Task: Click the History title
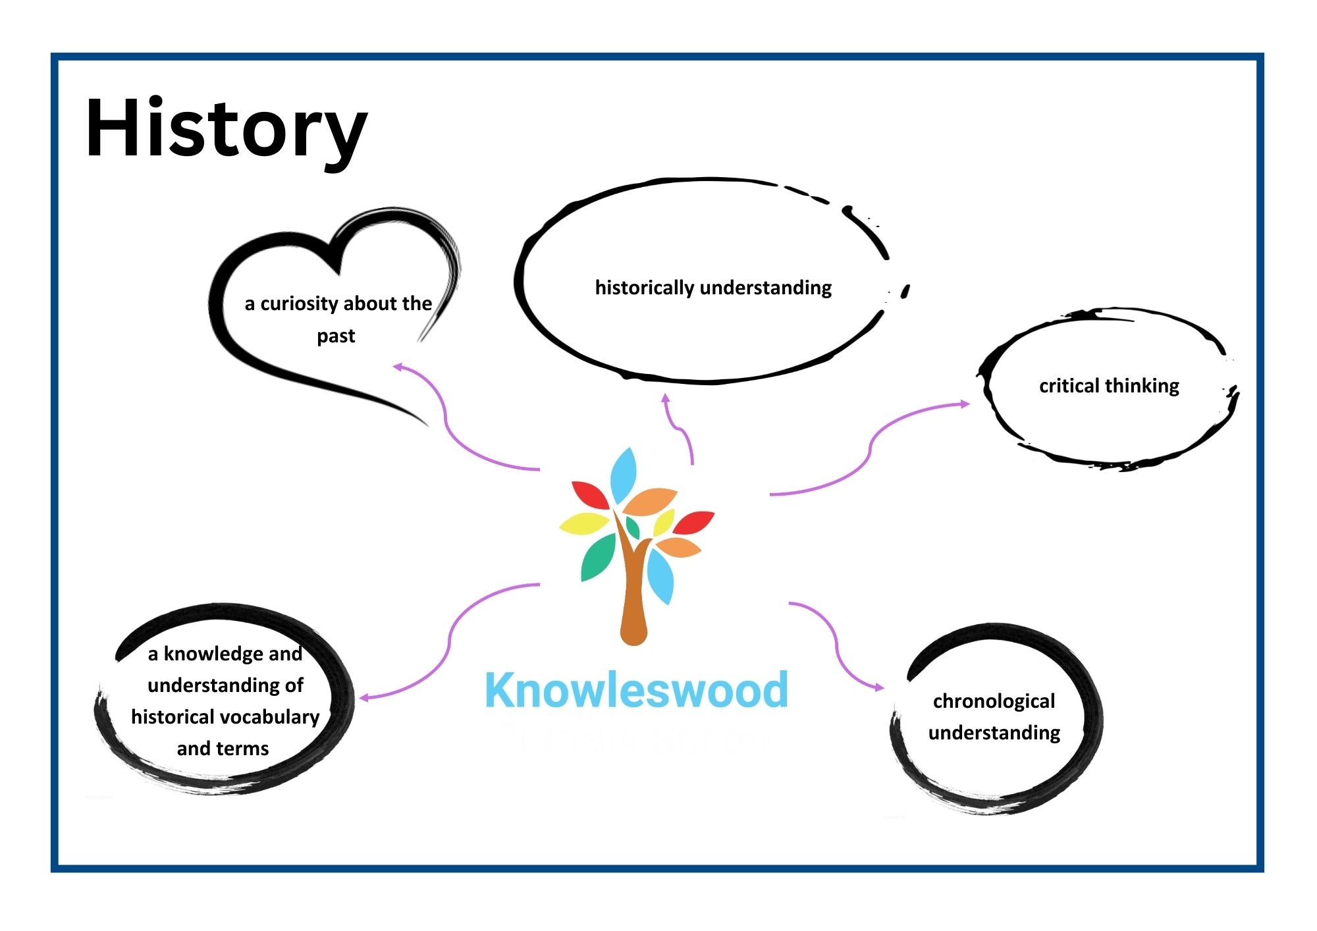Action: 226,128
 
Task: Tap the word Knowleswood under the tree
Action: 636,690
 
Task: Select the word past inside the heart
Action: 336,336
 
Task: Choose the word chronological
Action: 994,702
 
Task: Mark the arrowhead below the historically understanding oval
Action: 666,398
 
